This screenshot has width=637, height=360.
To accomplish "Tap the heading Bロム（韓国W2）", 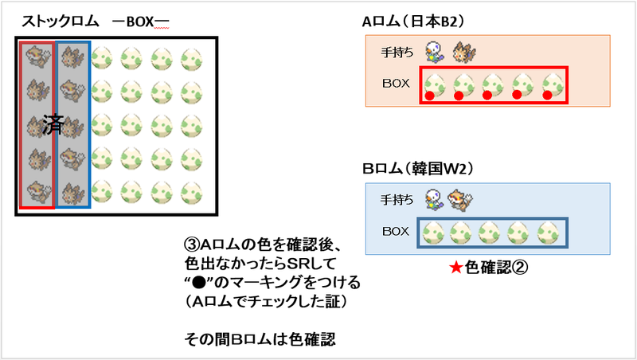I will (417, 169).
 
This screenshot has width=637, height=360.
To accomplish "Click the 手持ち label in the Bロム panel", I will (400, 201).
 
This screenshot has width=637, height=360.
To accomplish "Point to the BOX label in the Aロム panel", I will (397, 83).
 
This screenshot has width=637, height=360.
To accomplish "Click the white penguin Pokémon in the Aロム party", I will (435, 51).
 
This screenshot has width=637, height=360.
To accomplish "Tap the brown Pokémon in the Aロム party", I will (462, 53).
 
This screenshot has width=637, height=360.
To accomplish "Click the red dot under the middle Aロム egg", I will (487, 96).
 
